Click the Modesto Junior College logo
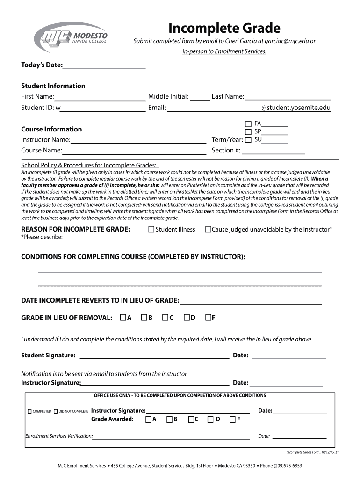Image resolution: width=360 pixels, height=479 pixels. (71, 36)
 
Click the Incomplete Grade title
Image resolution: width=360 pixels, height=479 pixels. (224, 28)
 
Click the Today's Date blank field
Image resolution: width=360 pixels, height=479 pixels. (104, 65)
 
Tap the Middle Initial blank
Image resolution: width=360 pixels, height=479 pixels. (200, 97)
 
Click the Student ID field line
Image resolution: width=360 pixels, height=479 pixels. (103, 108)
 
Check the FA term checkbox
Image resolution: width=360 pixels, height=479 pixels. (248, 124)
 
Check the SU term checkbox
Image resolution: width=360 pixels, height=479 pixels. (248, 140)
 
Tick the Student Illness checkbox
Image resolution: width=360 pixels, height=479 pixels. (151, 230)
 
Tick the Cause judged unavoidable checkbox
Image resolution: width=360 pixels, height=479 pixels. (208, 230)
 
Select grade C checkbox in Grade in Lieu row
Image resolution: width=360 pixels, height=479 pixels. (165, 318)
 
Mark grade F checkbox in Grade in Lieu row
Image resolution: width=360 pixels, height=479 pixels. (208, 318)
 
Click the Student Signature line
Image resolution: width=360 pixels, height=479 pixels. (154, 356)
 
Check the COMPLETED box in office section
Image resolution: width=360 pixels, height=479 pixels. (30, 411)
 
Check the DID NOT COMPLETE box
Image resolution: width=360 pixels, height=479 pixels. (56, 411)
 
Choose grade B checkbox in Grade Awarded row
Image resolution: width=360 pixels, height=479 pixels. (169, 419)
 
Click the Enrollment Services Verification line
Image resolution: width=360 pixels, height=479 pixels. (171, 437)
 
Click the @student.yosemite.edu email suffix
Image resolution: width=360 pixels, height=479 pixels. (295, 108)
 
